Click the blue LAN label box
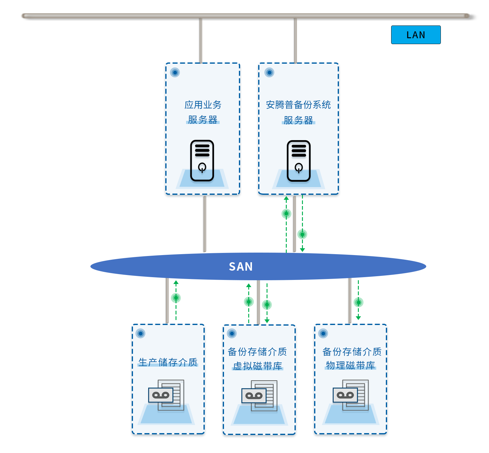click(x=416, y=35)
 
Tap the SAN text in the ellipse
click(x=241, y=267)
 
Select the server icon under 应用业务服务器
click(x=202, y=161)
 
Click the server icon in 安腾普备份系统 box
click(x=299, y=161)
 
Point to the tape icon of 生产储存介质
click(x=166, y=395)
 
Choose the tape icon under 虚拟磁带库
click(x=259, y=396)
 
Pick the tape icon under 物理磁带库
click(x=351, y=395)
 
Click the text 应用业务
click(x=203, y=105)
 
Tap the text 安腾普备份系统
click(x=299, y=105)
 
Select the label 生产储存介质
click(x=168, y=362)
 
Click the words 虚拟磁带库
click(x=258, y=366)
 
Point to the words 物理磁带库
click(x=350, y=365)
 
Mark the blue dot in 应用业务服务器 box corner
click(x=175, y=72)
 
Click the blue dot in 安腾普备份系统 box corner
click(x=269, y=72)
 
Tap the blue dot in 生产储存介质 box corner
click(x=140, y=333)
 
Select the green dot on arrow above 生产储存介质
click(x=176, y=298)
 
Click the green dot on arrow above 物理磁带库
click(x=358, y=302)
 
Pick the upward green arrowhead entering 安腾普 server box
click(x=286, y=198)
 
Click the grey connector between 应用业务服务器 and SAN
click(x=204, y=224)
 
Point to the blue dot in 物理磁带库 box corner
click(x=323, y=333)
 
